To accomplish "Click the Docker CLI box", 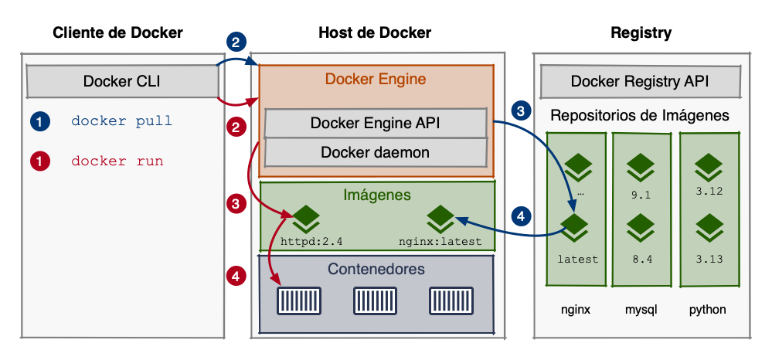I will pyautogui.click(x=121, y=81).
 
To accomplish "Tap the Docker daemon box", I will pyautogui.click(x=376, y=152).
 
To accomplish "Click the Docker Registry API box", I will pyautogui.click(x=639, y=81).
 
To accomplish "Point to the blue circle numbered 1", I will pyautogui.click(x=39, y=121).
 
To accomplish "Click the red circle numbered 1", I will pyautogui.click(x=39, y=161).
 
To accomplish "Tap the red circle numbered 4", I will pyautogui.click(x=237, y=274).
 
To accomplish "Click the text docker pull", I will pyautogui.click(x=121, y=121).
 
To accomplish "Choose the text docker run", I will pyautogui.click(x=117, y=161).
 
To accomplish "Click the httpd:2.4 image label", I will pyautogui.click(x=311, y=241).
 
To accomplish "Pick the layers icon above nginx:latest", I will pyautogui.click(x=440, y=217).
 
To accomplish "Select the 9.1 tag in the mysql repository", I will pyautogui.click(x=641, y=195).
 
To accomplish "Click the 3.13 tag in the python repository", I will pyautogui.click(x=708, y=259).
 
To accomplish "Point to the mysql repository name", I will pyautogui.click(x=641, y=310).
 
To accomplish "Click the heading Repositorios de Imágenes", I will pyautogui.click(x=639, y=116).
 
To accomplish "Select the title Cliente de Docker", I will pyautogui.click(x=117, y=32).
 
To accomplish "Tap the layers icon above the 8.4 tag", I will pyautogui.click(x=641, y=229).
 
